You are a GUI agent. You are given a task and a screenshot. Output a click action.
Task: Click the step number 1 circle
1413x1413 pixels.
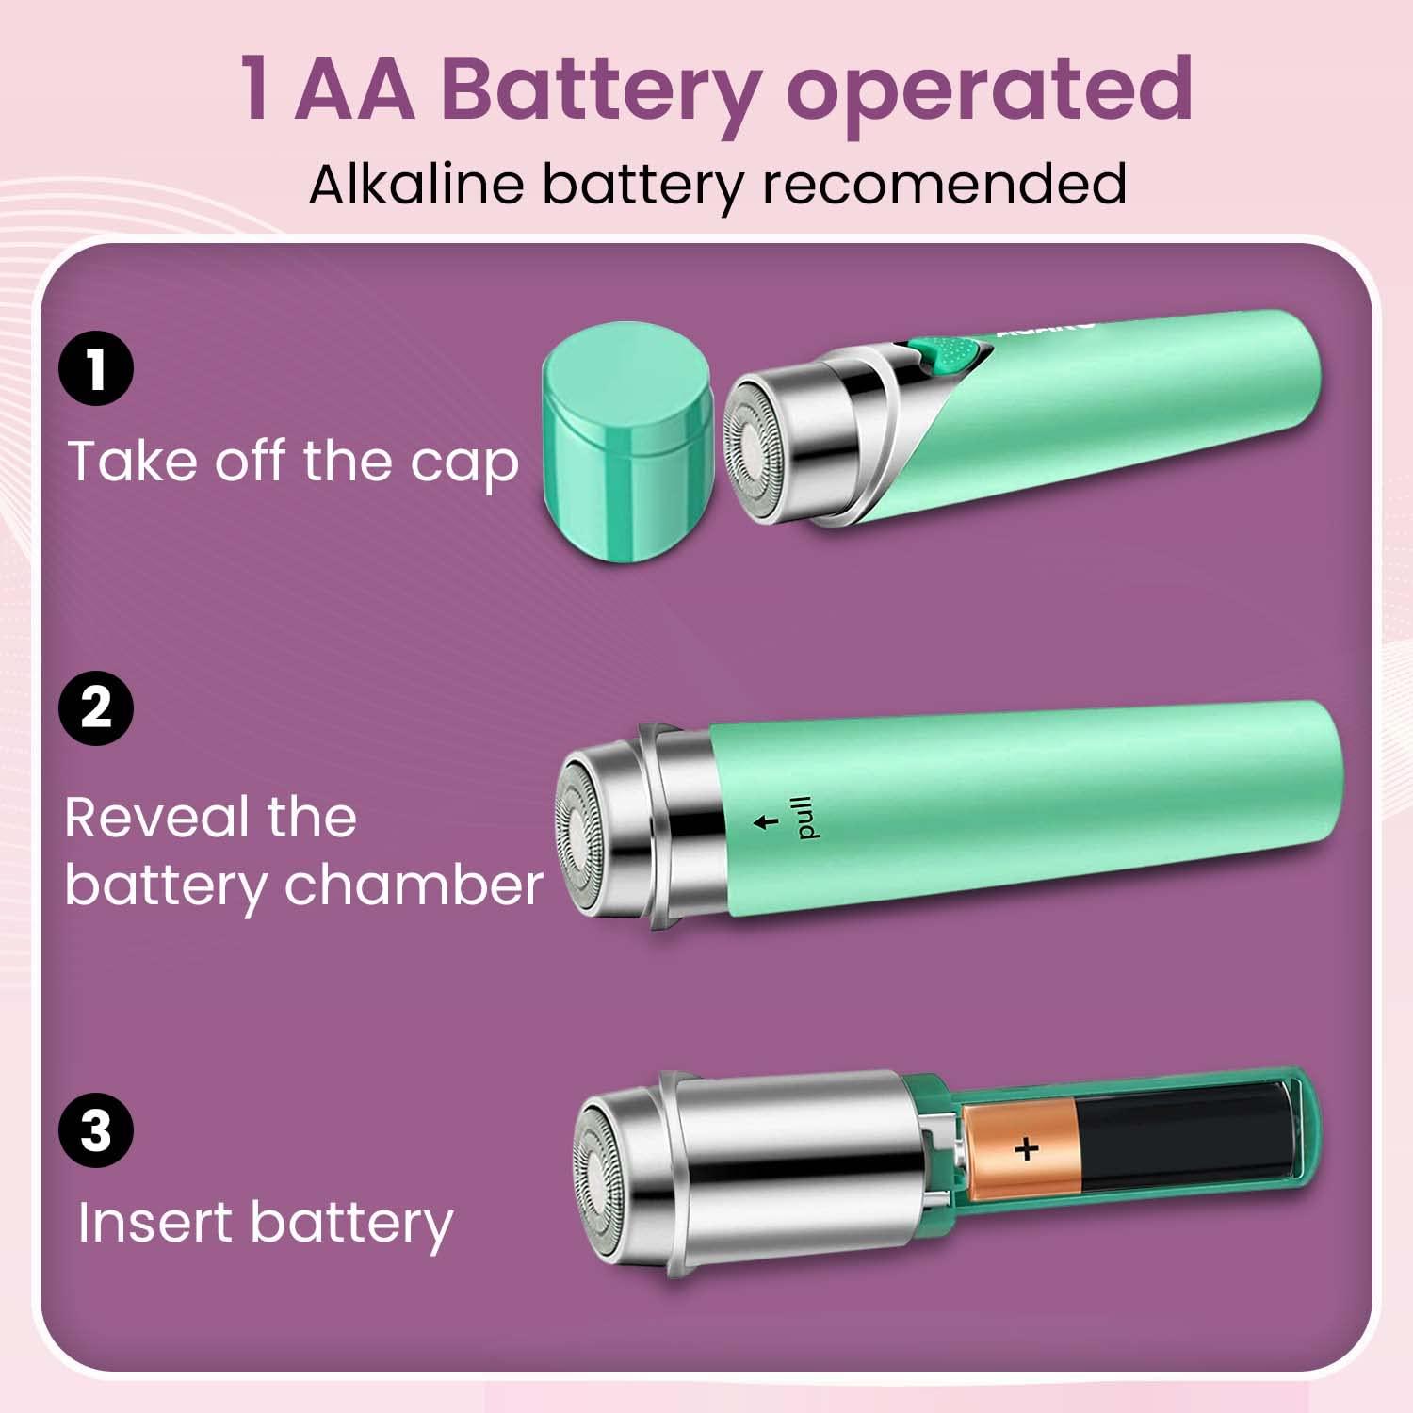click(x=96, y=369)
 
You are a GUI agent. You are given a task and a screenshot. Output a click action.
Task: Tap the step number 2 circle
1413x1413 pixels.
click(x=96, y=707)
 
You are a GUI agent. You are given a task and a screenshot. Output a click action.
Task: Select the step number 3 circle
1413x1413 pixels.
click(x=96, y=1130)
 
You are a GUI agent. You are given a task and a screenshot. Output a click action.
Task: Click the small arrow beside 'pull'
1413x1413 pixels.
click(x=767, y=821)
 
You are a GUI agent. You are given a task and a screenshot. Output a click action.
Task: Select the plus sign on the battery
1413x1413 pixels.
click(x=1026, y=1149)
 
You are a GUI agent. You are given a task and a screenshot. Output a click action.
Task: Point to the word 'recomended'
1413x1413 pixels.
click(x=944, y=183)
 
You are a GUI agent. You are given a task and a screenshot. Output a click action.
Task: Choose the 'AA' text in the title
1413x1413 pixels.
click(x=355, y=89)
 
